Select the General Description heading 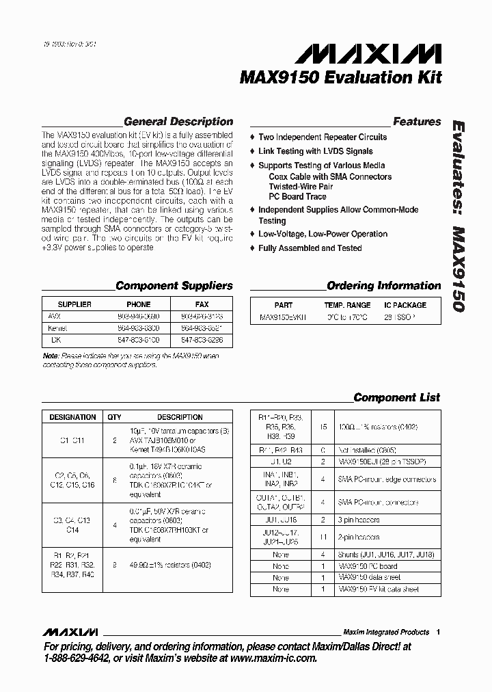pos(178,122)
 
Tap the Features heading pos(417,122)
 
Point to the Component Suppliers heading pos(174,286)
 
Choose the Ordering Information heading pos(384,286)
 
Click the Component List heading pos(397,397)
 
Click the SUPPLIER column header pos(74,304)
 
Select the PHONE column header pos(139,304)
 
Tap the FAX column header pos(202,304)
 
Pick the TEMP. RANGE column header pos(347,305)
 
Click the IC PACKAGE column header pos(405,305)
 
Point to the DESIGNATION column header pos(73,416)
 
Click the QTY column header pos(114,416)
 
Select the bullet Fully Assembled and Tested pos(310,248)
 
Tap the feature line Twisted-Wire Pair pos(301,187)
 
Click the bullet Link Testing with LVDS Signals pos(316,151)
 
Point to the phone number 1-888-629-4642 pos(77,658)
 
